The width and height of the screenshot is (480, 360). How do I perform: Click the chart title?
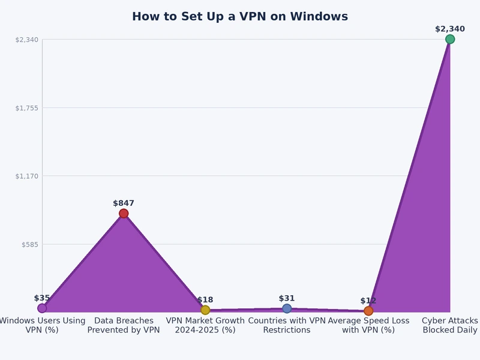tap(240, 17)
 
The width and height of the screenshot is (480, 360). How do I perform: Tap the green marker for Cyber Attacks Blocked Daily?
tap(450, 39)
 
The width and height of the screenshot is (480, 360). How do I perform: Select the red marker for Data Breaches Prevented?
tap(124, 214)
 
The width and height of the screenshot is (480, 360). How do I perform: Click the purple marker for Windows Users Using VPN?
tap(42, 308)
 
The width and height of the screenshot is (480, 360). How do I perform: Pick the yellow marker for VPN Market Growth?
tap(205, 310)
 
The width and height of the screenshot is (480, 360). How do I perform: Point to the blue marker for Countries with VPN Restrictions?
tap(287, 308)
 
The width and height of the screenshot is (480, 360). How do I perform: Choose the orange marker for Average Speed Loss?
tap(368, 311)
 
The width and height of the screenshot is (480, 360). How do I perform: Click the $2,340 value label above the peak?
tap(450, 29)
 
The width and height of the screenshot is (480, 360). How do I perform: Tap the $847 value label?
tap(124, 203)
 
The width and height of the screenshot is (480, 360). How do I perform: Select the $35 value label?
tap(42, 298)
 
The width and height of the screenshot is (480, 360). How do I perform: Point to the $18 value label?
tap(205, 300)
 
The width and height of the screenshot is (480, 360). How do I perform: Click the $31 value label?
tap(287, 298)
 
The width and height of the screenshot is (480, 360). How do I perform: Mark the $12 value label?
tap(368, 301)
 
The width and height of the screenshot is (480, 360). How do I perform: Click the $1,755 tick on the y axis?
tap(26, 108)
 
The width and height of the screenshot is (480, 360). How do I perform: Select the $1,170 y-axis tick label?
tap(26, 176)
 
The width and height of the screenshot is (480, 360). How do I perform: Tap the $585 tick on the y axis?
tap(29, 245)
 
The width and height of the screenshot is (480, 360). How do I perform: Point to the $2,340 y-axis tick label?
tap(26, 40)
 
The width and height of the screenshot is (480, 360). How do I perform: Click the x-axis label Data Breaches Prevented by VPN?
tap(124, 325)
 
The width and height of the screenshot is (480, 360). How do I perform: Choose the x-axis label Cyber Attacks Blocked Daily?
tap(450, 325)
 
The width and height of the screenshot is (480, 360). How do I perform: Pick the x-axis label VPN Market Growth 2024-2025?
tap(205, 325)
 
